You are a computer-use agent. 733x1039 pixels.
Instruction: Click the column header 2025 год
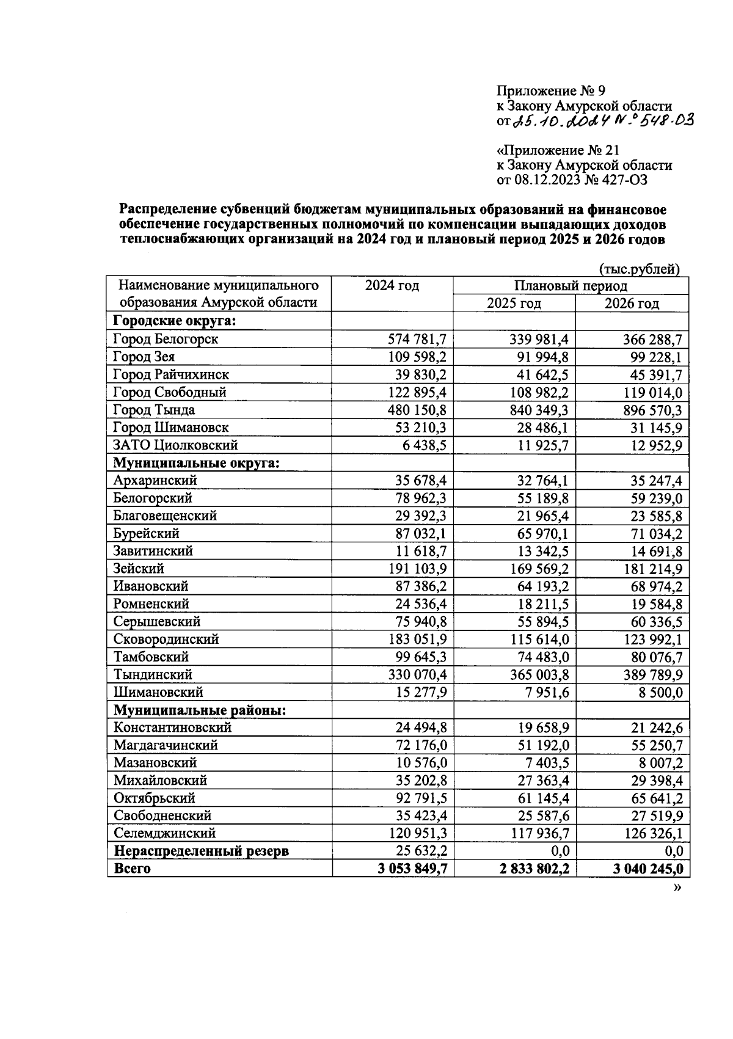pyautogui.click(x=514, y=304)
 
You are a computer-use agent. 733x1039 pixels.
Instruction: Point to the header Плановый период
pyautogui.click(x=570, y=286)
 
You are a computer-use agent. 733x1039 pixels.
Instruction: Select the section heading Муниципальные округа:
pyautogui.click(x=196, y=463)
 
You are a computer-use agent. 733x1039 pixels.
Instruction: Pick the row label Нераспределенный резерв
pyautogui.click(x=201, y=851)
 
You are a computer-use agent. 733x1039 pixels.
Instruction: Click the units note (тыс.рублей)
pyautogui.click(x=639, y=269)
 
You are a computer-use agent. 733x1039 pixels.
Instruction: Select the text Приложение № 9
pyautogui.click(x=550, y=92)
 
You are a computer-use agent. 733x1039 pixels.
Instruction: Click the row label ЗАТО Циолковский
pyautogui.click(x=175, y=445)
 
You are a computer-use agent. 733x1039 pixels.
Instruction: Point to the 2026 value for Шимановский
pyautogui.click(x=657, y=693)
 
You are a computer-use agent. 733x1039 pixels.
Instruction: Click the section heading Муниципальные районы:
pyautogui.click(x=200, y=710)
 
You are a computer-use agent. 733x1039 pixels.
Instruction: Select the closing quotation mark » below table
pyautogui.click(x=677, y=888)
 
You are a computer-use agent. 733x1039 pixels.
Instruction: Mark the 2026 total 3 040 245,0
pyautogui.click(x=647, y=869)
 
